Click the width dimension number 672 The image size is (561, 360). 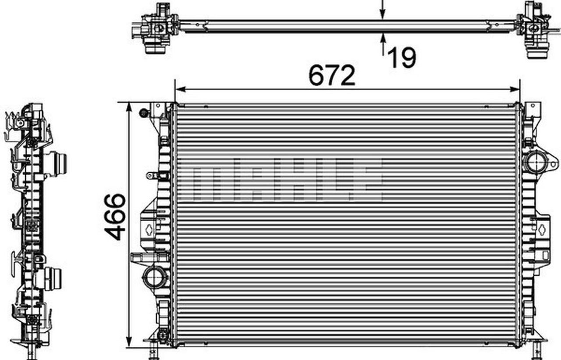point(331,75)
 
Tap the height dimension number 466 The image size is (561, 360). point(115,217)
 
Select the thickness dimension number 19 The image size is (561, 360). point(402,57)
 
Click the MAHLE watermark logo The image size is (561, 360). point(280,179)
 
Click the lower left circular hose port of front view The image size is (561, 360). point(154,277)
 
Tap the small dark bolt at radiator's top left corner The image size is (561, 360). point(143,113)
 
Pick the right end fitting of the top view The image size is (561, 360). point(535,31)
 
